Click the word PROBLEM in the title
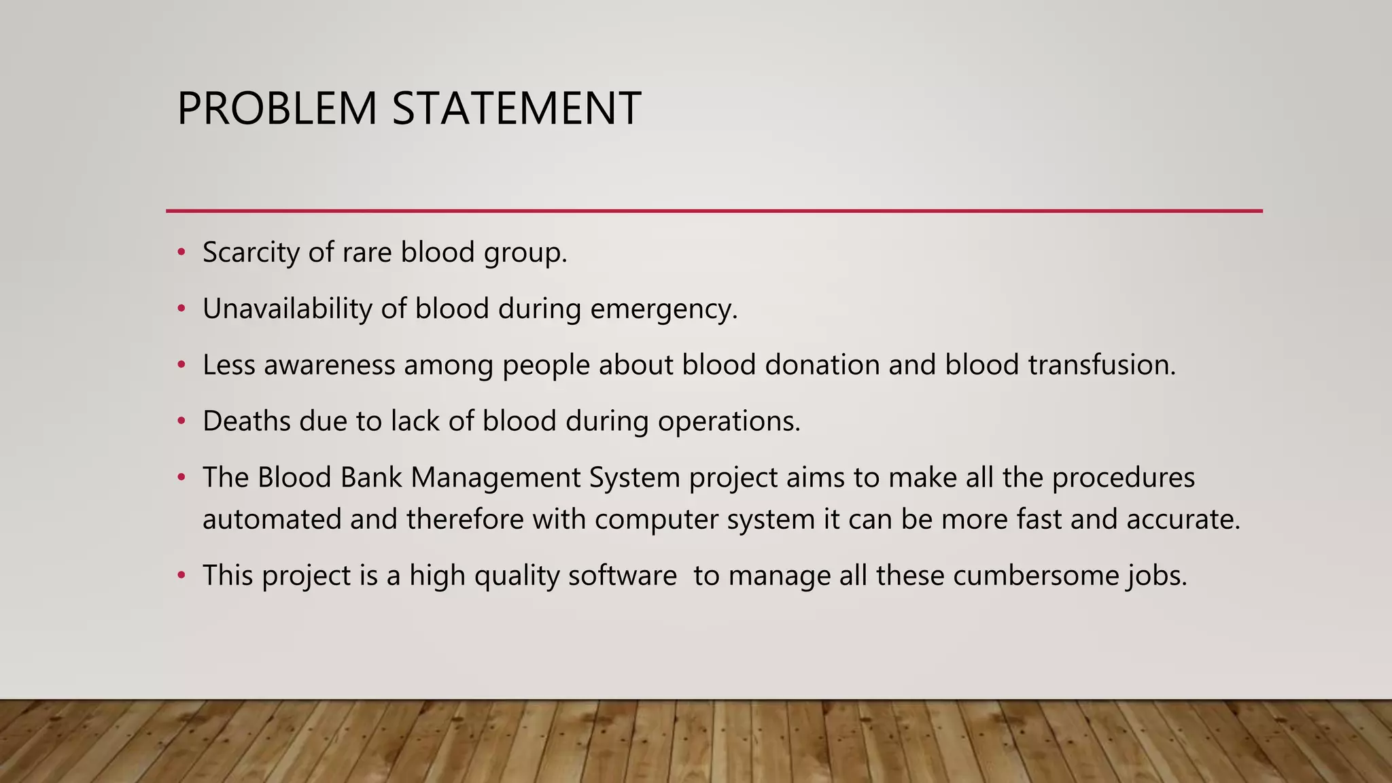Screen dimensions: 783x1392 [x=277, y=109]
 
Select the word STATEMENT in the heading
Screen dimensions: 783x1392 [x=517, y=109]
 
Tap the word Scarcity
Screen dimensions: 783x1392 [x=251, y=253]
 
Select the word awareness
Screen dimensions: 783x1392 [x=329, y=366]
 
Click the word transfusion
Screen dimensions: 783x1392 [x=1101, y=366]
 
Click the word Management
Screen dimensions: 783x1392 [x=495, y=478]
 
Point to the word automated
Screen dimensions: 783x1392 [x=271, y=520]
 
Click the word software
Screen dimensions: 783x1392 [x=622, y=576]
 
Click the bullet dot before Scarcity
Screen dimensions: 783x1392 [x=181, y=253]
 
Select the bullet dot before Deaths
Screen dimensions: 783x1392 [x=181, y=421]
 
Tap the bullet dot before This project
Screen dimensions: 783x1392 [x=181, y=576]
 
